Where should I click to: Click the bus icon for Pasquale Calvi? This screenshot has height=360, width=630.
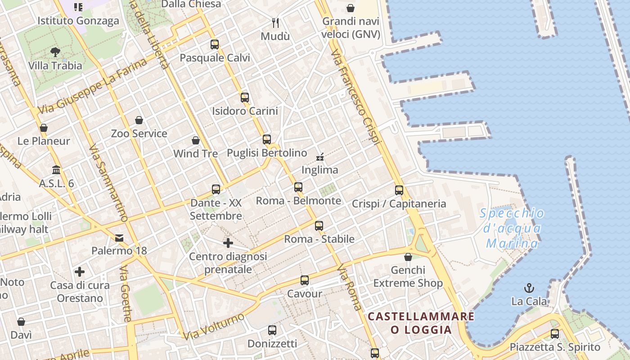point(215,45)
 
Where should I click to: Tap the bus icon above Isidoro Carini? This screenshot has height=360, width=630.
point(245,97)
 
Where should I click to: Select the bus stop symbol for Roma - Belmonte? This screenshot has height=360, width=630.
point(298,187)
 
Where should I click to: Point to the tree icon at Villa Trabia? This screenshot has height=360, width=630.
point(55,52)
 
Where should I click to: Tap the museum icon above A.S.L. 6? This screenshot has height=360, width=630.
point(57,170)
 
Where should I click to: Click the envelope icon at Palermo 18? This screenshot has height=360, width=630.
point(119,238)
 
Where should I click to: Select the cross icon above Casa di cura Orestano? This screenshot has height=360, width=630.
point(80,272)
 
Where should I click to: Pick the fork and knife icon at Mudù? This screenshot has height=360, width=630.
point(275,22)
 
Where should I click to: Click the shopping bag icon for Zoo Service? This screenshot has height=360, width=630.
point(139,120)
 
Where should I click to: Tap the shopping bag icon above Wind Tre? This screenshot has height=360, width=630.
point(196,140)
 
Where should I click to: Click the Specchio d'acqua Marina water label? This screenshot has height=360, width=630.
point(512,229)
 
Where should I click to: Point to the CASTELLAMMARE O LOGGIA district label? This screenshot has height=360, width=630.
point(421,323)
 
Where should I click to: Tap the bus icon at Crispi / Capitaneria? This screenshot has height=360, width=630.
point(399,190)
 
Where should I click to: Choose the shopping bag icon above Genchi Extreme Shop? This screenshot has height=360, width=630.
point(408,257)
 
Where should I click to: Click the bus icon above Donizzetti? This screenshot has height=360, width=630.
point(272,330)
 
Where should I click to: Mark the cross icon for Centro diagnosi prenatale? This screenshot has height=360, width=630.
point(228,243)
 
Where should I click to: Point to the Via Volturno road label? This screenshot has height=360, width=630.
point(214,326)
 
